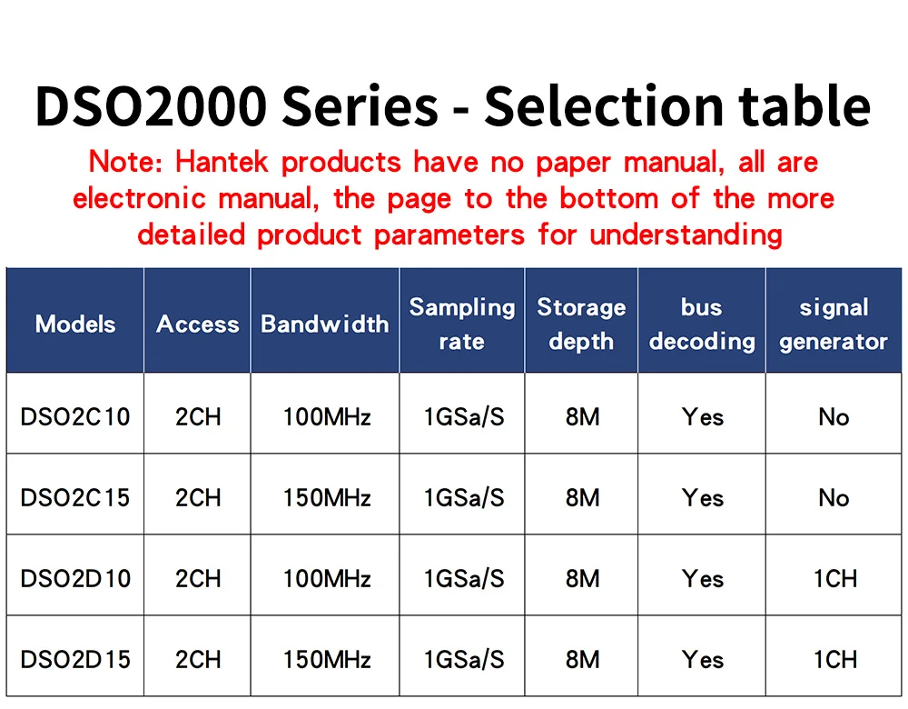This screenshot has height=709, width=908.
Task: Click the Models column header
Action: click(75, 325)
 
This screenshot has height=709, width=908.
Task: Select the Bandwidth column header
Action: click(324, 325)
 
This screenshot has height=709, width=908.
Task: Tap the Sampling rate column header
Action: click(461, 324)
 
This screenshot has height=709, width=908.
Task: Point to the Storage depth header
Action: click(581, 324)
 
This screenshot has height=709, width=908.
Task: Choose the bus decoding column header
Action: click(702, 324)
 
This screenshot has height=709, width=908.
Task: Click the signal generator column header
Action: click(834, 324)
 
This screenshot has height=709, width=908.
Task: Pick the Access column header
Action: click(197, 325)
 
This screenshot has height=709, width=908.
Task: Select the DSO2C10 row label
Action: click(75, 417)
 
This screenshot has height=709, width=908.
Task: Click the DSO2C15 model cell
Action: click(75, 498)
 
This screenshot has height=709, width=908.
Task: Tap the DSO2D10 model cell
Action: click(75, 579)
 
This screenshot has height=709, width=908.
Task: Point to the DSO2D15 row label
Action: click(75, 660)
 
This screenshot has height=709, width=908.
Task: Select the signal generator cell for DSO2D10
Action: click(834, 579)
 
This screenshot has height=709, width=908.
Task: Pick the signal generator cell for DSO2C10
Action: click(834, 417)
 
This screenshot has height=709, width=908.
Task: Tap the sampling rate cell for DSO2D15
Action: click(463, 660)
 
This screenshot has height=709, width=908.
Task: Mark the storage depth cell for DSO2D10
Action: click(582, 579)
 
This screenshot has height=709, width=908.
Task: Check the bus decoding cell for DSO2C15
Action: click(703, 498)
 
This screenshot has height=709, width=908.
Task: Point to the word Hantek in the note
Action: click(223, 163)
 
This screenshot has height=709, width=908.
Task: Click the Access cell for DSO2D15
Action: click(198, 660)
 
